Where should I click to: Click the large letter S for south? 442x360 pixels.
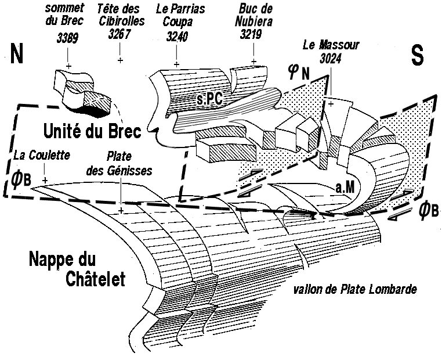coord(417,55)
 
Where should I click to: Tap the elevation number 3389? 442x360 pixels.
coord(68,38)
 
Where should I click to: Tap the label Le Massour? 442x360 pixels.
coord(331,45)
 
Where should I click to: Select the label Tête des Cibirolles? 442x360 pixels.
coord(121,16)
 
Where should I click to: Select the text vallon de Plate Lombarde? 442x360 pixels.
coord(354,289)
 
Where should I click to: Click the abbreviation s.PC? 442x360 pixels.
coord(209,100)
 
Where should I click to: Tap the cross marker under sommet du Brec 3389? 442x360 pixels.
coord(69,67)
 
